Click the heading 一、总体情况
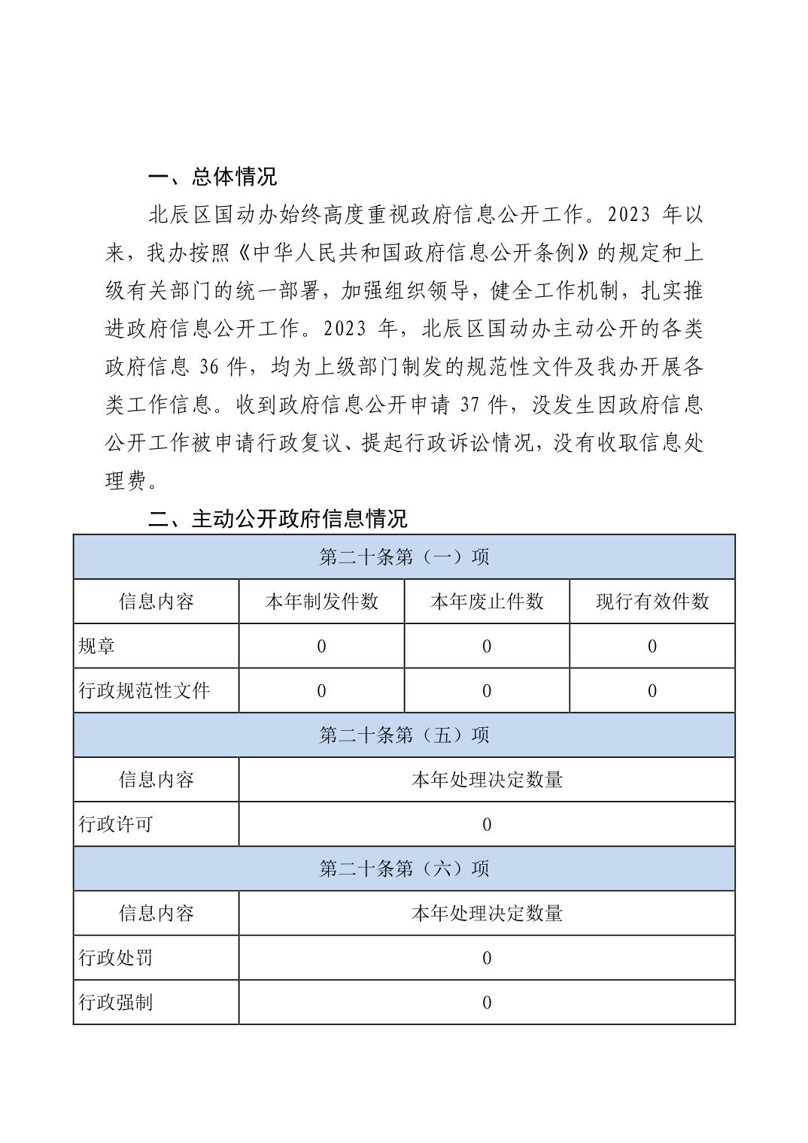213,177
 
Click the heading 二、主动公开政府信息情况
278,518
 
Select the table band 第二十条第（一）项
404,556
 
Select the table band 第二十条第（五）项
404,735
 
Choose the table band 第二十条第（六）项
404,869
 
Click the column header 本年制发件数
321,602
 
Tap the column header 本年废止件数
487,602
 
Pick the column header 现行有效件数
652,602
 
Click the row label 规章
97,646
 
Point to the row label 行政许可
116,824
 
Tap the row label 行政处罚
116,957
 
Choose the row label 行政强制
116,1002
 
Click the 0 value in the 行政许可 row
487,824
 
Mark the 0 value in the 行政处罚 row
487,957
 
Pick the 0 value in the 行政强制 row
487,1002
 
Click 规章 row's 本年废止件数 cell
487,646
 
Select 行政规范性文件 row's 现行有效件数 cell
652,690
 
